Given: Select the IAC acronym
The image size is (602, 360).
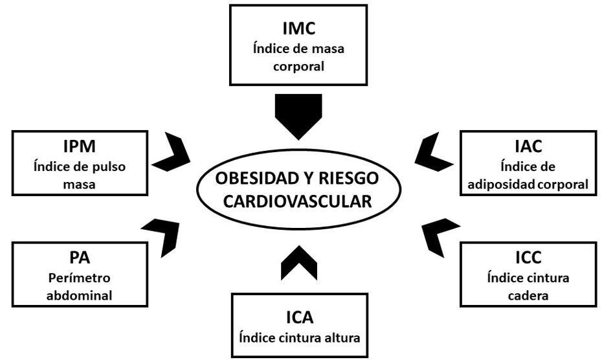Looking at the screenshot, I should coord(529,147).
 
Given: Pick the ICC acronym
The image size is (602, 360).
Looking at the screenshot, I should coord(528,258).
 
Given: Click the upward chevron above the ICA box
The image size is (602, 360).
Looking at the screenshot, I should coord(299,262).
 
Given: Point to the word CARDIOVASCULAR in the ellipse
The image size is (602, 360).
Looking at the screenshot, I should coord(298,201).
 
